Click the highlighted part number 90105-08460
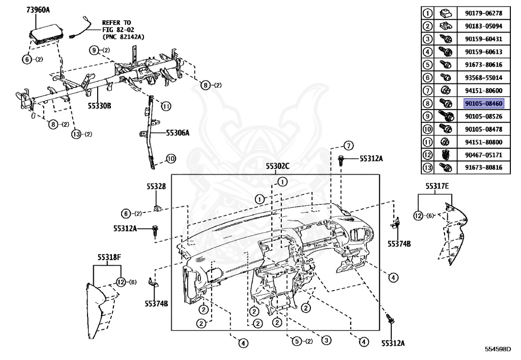[x=483, y=103]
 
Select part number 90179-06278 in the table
[x=483, y=13]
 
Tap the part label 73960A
[x=38, y=10]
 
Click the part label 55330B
[x=99, y=106]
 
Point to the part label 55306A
[x=178, y=133]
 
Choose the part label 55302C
[x=277, y=166]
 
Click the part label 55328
[x=156, y=186]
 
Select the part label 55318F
[x=109, y=257]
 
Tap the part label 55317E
[x=437, y=186]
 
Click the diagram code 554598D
[x=498, y=349]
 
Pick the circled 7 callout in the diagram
[x=348, y=146]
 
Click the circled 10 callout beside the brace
[x=171, y=158]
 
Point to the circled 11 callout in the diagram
[x=166, y=106]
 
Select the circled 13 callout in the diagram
[x=76, y=134]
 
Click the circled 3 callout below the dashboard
[x=326, y=340]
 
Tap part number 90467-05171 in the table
[x=483, y=155]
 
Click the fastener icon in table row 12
[x=445, y=155]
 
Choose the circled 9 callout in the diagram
[x=94, y=50]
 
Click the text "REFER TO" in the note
[x=117, y=22]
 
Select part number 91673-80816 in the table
[x=483, y=168]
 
